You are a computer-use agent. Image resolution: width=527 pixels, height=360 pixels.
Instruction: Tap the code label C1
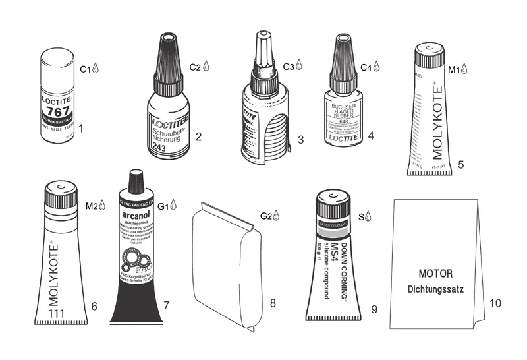(x=84, y=68)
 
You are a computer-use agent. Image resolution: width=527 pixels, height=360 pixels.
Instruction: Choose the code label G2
(x=265, y=216)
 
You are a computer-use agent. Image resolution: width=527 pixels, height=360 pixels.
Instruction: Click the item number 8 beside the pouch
(x=272, y=304)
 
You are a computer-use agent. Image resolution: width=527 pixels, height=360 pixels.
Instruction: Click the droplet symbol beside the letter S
(x=369, y=215)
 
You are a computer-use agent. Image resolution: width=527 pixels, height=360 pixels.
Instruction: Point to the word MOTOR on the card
(x=435, y=273)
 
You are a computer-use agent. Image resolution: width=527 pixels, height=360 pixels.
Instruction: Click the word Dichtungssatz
(x=435, y=288)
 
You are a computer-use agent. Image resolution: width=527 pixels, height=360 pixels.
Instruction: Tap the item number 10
(x=495, y=303)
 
